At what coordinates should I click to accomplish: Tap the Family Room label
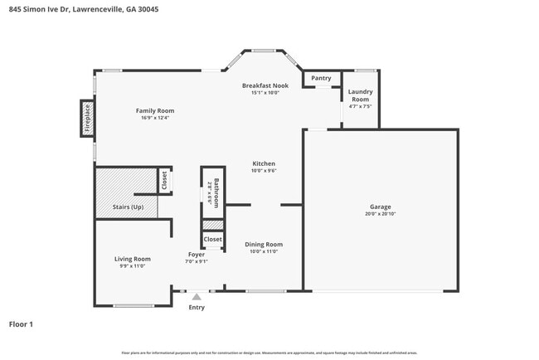pos(155,110)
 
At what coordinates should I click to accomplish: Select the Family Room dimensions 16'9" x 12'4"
pos(155,118)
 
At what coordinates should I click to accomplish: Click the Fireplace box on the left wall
pos(86,118)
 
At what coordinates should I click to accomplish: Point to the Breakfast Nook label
pos(265,85)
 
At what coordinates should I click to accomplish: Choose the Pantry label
pos(321,78)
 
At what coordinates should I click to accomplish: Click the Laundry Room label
pos(360,95)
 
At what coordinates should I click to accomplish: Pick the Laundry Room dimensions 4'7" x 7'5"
pos(360,106)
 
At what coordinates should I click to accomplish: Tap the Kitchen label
pos(264,163)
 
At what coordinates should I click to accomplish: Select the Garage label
pos(380,207)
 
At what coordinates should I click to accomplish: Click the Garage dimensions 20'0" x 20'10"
pos(380,214)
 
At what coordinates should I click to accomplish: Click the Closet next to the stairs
pos(164,179)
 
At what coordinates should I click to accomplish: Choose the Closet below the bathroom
pos(213,239)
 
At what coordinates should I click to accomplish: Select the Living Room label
pos(132,259)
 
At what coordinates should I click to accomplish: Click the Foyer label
pos(196,255)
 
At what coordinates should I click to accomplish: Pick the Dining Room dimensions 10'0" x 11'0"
pos(264,251)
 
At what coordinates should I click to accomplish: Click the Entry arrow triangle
pos(197,295)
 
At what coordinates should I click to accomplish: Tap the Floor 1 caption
pos(21,324)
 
